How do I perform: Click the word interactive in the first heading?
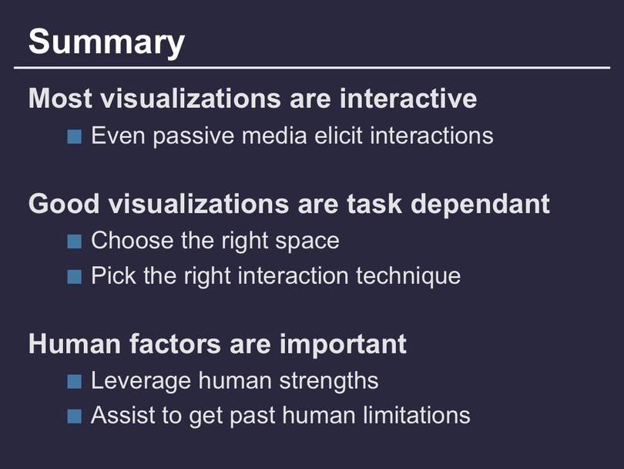click(x=408, y=98)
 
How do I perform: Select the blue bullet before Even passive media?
click(x=75, y=137)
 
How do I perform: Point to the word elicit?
click(x=339, y=136)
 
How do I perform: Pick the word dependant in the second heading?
click(x=481, y=204)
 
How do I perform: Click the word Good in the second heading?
click(x=64, y=204)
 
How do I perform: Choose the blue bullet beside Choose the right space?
click(x=75, y=241)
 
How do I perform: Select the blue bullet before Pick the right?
click(x=75, y=276)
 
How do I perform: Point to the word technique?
click(x=408, y=276)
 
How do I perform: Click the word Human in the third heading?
click(x=75, y=343)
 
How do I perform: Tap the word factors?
click(x=175, y=343)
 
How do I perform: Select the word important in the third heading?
click(x=343, y=343)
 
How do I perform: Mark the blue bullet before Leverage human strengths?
click(x=75, y=381)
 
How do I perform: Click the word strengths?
click(x=329, y=381)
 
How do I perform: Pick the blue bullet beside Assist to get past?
click(x=75, y=417)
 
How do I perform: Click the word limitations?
click(x=417, y=415)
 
